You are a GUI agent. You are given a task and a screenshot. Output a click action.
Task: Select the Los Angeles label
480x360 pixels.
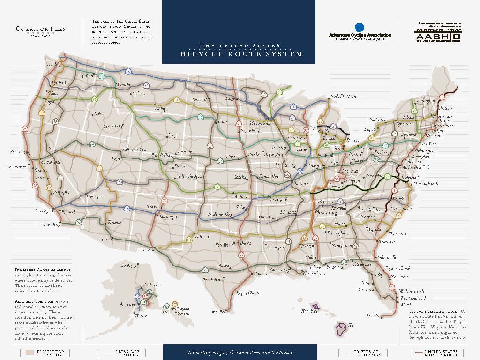point(45,211)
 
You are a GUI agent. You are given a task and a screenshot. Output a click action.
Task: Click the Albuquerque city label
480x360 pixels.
point(166,217)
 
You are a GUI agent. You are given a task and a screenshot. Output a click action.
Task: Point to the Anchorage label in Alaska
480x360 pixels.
point(128,304)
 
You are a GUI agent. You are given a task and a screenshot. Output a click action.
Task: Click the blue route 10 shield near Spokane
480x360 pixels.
point(128,71)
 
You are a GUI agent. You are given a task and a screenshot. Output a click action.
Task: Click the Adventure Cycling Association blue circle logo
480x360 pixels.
point(360,28)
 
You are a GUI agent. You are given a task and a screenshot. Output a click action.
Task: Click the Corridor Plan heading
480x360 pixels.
point(42,29)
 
